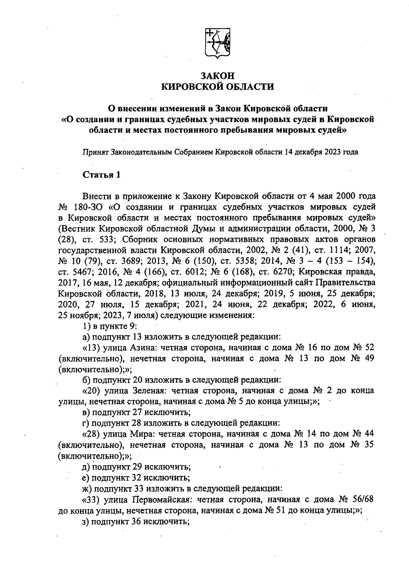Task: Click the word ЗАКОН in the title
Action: [217, 76]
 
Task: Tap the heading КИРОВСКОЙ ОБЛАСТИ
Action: [217, 87]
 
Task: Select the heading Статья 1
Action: [102, 175]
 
